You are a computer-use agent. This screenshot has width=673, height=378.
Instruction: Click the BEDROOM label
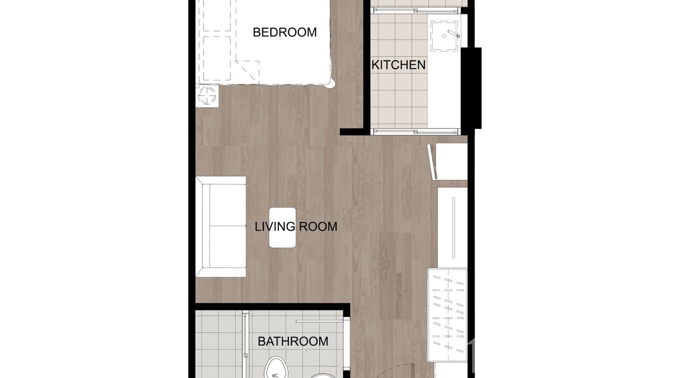[x=284, y=33]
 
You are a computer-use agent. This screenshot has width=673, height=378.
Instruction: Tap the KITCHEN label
[x=398, y=65]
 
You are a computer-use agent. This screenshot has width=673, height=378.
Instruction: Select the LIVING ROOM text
[x=296, y=227]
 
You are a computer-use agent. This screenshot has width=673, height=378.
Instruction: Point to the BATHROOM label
[x=293, y=341]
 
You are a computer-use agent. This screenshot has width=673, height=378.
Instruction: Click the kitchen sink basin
[x=444, y=36]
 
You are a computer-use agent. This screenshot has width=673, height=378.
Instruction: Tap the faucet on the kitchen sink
[x=453, y=34]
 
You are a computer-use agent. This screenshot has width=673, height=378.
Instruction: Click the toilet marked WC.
[x=275, y=368]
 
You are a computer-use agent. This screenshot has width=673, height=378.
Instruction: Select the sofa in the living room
[x=221, y=226]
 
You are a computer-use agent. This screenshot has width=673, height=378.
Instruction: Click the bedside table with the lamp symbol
[x=208, y=95]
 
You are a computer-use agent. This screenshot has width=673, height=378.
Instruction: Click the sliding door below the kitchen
[x=415, y=132]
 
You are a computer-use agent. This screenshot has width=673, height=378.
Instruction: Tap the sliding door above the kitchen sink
[x=415, y=10]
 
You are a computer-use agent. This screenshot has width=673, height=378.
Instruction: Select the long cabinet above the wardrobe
[x=452, y=227]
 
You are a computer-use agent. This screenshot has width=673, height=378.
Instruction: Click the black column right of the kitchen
[x=471, y=88]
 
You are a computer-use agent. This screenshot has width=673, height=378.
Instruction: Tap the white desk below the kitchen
[x=451, y=161]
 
